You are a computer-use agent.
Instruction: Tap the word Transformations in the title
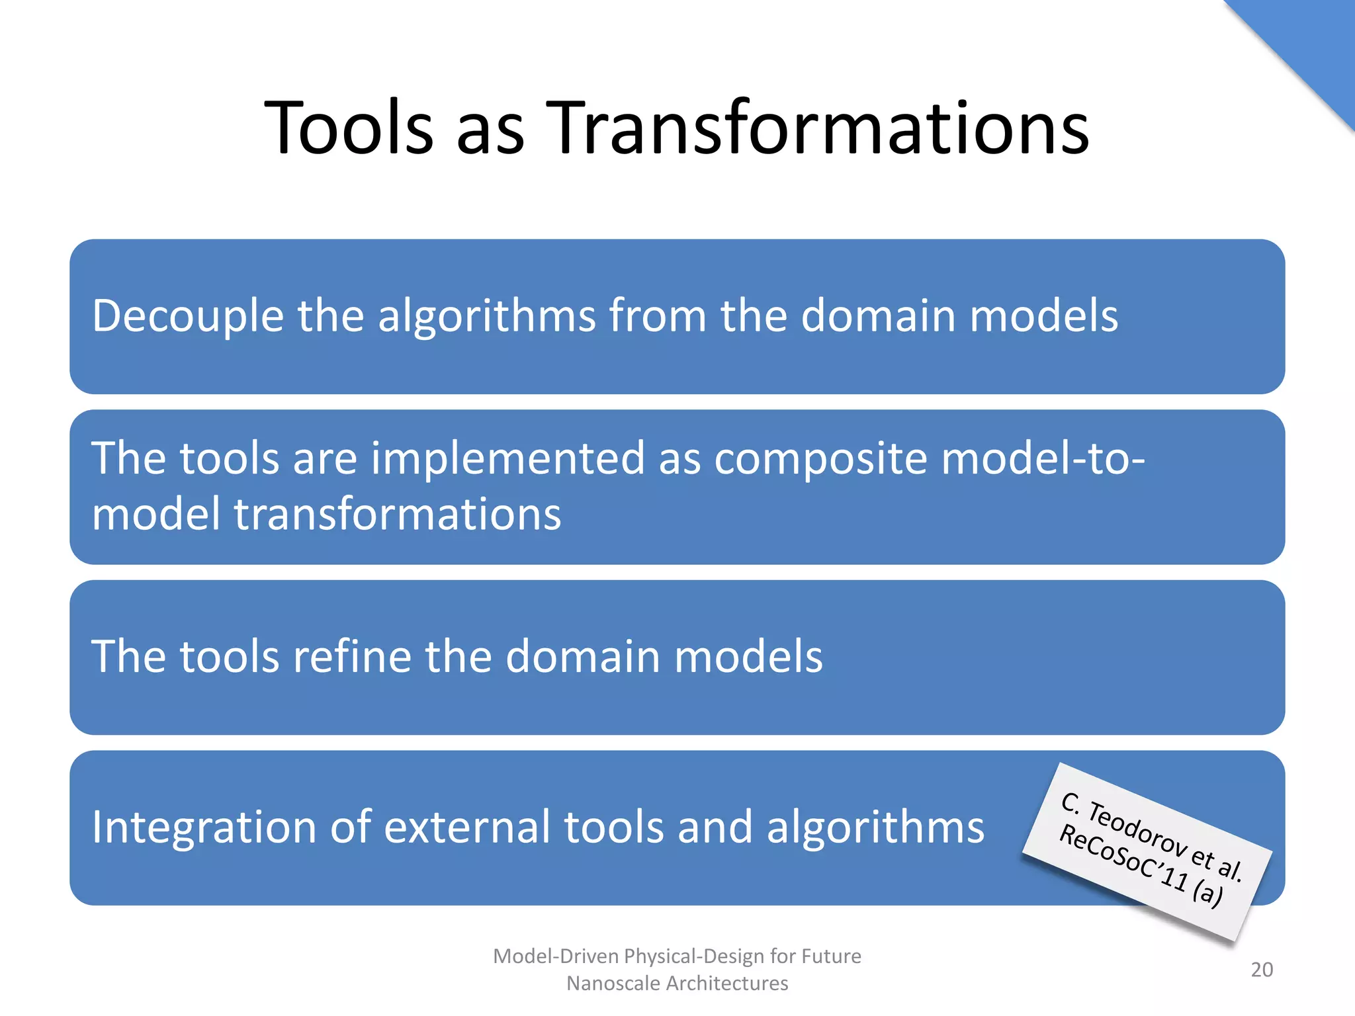(x=820, y=127)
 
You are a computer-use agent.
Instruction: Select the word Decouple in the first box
(x=188, y=316)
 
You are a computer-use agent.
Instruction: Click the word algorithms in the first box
(x=486, y=316)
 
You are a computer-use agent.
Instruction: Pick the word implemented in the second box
(x=507, y=459)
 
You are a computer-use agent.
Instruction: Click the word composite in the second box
(x=820, y=459)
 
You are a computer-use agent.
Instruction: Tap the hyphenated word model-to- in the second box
(x=1042, y=459)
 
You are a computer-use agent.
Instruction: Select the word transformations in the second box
(x=397, y=515)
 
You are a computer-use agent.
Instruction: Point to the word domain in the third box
(x=583, y=657)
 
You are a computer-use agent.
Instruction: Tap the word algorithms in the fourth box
(x=875, y=827)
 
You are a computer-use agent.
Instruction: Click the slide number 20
(x=1262, y=970)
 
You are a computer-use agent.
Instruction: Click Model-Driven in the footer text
(x=556, y=956)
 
